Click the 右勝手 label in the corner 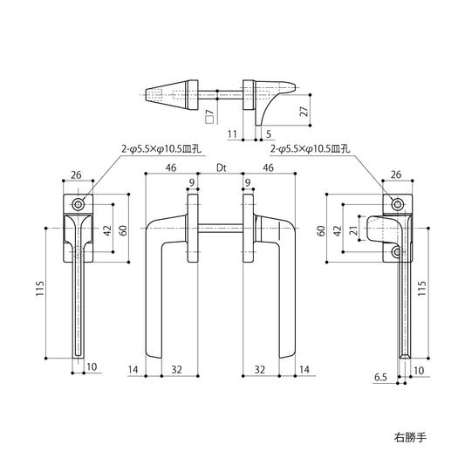point(410,437)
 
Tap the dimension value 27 point(304,110)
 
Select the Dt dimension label point(222,168)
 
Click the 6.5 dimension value point(380,377)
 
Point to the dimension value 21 point(353,229)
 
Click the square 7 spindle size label point(209,116)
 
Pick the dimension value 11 point(232,134)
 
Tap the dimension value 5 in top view point(269,134)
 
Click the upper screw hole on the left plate point(79,204)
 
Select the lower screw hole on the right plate point(397,252)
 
